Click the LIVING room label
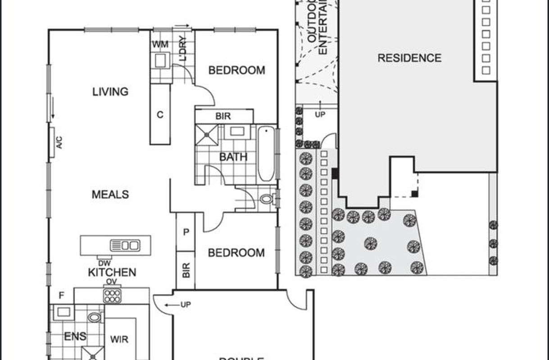point(110,92)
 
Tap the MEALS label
point(110,194)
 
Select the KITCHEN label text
point(112,272)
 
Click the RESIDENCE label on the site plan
point(409,58)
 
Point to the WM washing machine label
point(159,45)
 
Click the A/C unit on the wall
point(52,142)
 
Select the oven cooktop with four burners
point(112,295)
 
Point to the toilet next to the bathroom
point(268,198)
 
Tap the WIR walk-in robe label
point(119,339)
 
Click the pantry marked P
point(186,232)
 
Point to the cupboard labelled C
point(160,115)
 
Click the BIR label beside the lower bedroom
point(186,270)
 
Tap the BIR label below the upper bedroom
point(223,116)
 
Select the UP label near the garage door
point(186,305)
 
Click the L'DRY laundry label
point(183,50)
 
